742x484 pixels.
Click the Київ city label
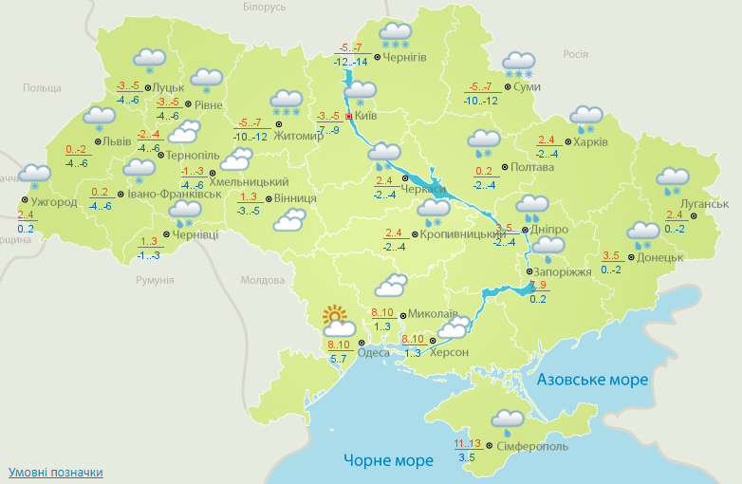[366, 116]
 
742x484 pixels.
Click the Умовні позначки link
[55, 472]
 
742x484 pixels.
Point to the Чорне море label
[388, 460]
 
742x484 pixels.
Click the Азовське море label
[592, 380]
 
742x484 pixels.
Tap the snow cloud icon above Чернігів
[396, 34]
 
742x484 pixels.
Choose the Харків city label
[590, 143]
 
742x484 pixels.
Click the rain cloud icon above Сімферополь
[508, 420]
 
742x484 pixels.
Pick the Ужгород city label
[53, 202]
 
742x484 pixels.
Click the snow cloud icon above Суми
[519, 65]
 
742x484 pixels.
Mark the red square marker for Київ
[349, 117]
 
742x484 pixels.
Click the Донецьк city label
[660, 256]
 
